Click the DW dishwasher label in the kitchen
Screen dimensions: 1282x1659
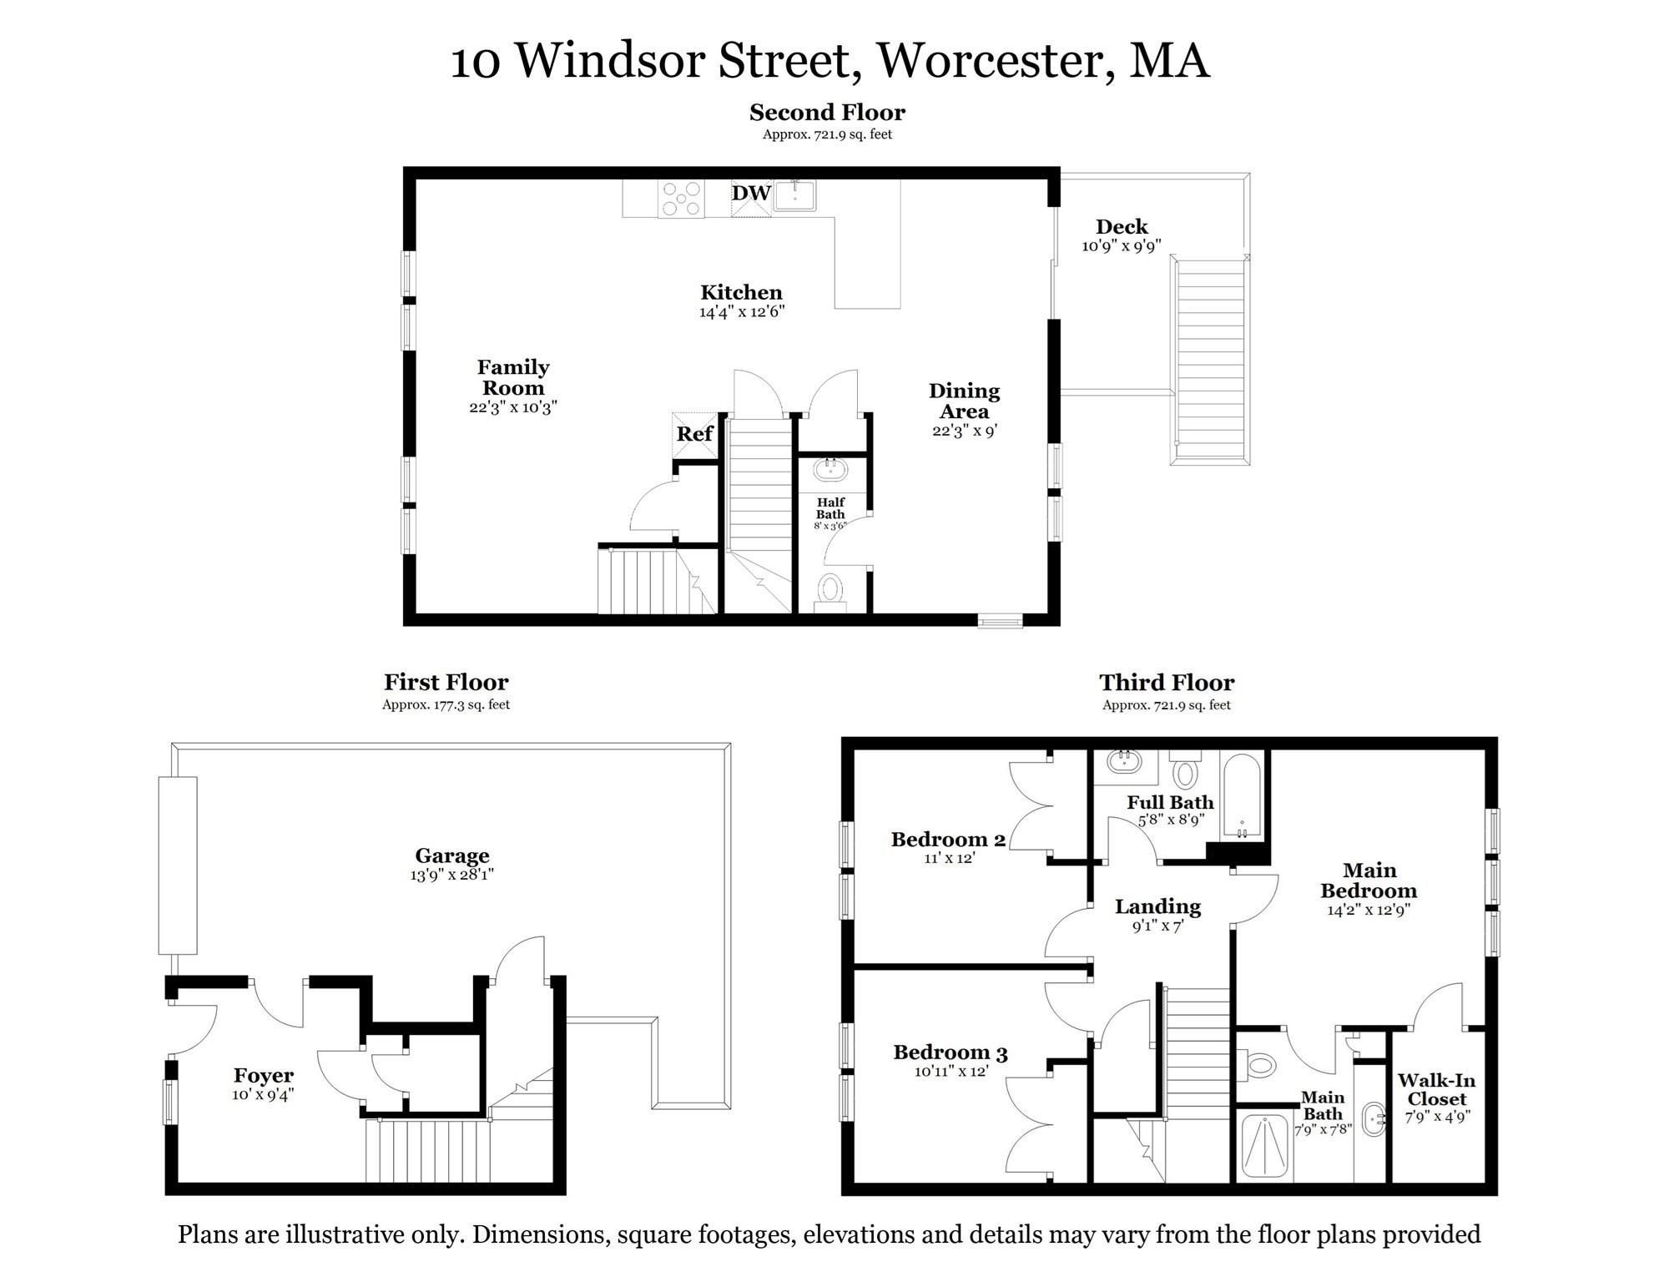(x=751, y=194)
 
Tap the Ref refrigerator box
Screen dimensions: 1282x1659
(x=694, y=434)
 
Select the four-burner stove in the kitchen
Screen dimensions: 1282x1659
(x=681, y=199)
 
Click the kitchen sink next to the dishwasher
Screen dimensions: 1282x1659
(x=794, y=196)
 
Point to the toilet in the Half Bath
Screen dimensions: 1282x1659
(x=829, y=589)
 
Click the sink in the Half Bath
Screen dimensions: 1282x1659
(x=830, y=469)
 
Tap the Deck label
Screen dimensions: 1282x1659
(x=1122, y=227)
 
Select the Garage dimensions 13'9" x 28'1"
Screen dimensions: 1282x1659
(x=451, y=876)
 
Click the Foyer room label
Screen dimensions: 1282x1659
(x=264, y=1076)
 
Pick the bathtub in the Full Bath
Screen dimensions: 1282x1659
(x=1242, y=797)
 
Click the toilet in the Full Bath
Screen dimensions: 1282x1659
(x=1184, y=771)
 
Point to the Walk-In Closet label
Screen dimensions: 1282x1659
(x=1436, y=1090)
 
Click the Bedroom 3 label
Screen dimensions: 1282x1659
(x=951, y=1052)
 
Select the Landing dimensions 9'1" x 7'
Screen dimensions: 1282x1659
(x=1157, y=926)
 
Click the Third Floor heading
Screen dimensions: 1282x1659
(x=1166, y=683)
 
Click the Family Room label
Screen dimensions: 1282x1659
(x=513, y=377)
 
